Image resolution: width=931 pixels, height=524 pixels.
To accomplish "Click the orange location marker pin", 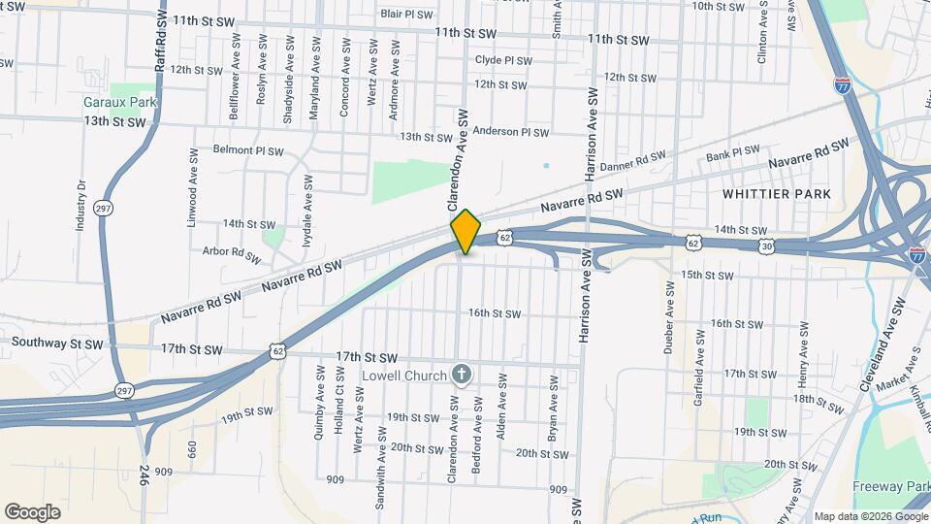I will (x=465, y=232).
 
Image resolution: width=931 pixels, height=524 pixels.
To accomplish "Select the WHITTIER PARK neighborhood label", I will (x=777, y=194).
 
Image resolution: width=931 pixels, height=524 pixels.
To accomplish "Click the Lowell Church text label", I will (x=403, y=376).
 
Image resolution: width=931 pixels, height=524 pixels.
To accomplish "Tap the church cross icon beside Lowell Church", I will (x=463, y=376).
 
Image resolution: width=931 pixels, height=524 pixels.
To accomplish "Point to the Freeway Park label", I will (x=890, y=486).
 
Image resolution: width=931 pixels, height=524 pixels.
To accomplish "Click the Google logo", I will (x=32, y=511).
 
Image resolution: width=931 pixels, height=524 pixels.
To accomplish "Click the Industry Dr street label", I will (x=81, y=205).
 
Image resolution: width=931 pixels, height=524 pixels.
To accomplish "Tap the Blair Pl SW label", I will (x=407, y=14).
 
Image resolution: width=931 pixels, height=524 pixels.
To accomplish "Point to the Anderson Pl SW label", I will (x=511, y=132).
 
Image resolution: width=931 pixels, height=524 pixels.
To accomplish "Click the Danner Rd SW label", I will (x=634, y=163).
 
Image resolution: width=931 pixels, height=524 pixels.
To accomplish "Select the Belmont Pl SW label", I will (x=248, y=150).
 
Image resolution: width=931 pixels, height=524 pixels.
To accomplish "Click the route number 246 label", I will (x=144, y=475).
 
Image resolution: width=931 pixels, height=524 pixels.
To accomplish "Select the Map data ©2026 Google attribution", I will (x=870, y=515).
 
